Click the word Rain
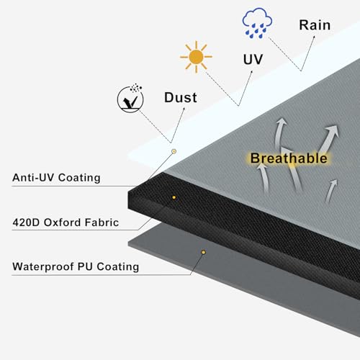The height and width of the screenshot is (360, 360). [315, 25]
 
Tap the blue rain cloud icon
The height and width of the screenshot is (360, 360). [257, 23]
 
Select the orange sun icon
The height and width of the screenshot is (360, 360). [196, 57]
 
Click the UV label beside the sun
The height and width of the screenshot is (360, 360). [253, 59]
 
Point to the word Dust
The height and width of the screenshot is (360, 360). [181, 97]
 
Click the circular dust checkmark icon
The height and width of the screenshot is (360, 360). [130, 99]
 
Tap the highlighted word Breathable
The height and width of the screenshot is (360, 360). [289, 158]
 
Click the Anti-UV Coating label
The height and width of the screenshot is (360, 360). [56, 178]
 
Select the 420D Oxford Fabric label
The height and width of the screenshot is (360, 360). [66, 222]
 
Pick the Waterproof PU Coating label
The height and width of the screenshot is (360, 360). [76, 266]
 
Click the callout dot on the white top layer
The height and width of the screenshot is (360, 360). [174, 151]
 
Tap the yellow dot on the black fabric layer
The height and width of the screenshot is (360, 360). [174, 197]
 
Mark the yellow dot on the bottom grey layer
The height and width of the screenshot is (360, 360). [203, 252]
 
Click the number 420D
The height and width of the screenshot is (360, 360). [26, 222]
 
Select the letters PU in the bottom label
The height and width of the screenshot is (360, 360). [85, 266]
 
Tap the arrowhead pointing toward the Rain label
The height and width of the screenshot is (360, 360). [313, 37]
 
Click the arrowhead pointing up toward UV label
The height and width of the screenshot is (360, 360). [251, 73]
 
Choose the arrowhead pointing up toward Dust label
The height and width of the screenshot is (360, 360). [184, 109]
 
